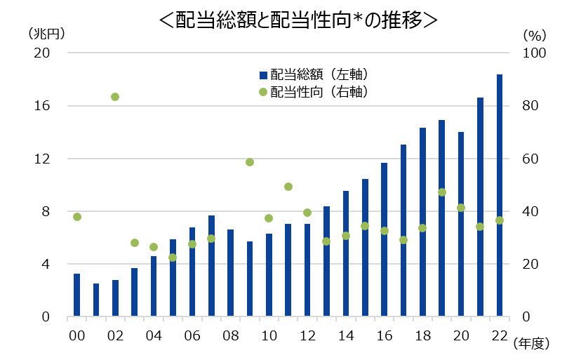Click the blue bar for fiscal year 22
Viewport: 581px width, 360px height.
pyautogui.click(x=500, y=196)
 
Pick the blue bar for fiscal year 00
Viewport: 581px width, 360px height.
pyautogui.click(x=77, y=295)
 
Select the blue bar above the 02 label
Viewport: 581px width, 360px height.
pyautogui.click(x=115, y=298)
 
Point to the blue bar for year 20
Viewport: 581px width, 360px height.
pyautogui.click(x=461, y=225)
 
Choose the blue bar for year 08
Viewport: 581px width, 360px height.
pyautogui.click(x=230, y=273)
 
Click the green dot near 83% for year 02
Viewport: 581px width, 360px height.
pyautogui.click(x=115, y=97)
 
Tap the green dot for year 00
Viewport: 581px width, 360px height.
pyautogui.click(x=77, y=217)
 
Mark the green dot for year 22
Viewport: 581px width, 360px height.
pyautogui.click(x=500, y=220)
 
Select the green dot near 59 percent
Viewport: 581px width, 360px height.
pyautogui.click(x=250, y=162)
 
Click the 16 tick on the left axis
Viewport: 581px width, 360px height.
pyautogui.click(x=41, y=106)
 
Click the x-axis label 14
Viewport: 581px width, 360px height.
pyautogui.click(x=346, y=335)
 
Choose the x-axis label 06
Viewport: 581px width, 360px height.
pyautogui.click(x=192, y=335)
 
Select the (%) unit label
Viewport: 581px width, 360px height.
pyautogui.click(x=534, y=34)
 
